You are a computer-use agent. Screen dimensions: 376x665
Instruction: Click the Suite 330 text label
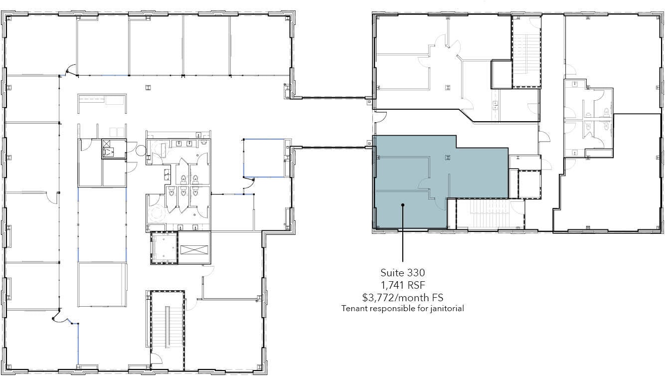click(402, 273)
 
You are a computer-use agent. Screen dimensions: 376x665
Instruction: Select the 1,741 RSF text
click(402, 285)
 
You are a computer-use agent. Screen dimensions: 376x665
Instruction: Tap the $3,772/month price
click(402, 297)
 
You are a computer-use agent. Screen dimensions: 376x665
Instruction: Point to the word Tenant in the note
click(353, 309)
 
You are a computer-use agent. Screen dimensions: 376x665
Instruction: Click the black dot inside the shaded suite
click(402, 204)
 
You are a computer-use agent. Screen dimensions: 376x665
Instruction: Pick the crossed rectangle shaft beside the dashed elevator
click(194, 248)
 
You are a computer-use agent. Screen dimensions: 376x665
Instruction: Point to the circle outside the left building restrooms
click(140, 149)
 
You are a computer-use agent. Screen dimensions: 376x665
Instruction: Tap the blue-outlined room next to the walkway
click(264, 157)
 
